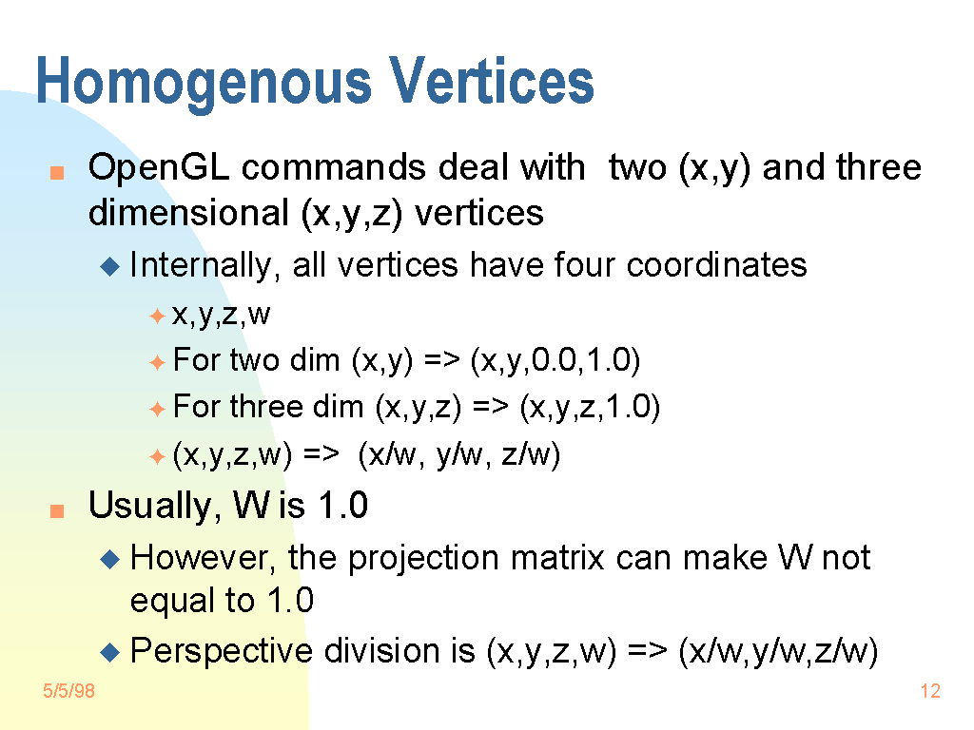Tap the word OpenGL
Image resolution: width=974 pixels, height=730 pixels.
click(x=159, y=167)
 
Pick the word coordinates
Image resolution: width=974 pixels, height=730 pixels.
click(x=716, y=265)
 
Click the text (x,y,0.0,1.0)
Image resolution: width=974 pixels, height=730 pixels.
click(x=555, y=360)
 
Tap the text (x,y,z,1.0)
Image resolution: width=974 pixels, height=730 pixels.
click(x=590, y=407)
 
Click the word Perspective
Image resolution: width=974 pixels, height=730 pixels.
click(x=221, y=652)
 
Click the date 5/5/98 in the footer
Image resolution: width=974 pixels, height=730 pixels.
click(x=68, y=691)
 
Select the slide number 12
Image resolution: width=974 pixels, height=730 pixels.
click(x=930, y=691)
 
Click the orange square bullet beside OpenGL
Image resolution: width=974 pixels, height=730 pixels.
click(x=57, y=173)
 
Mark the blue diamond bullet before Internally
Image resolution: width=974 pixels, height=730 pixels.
click(x=110, y=267)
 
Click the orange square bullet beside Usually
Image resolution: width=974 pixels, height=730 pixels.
click(x=57, y=510)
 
